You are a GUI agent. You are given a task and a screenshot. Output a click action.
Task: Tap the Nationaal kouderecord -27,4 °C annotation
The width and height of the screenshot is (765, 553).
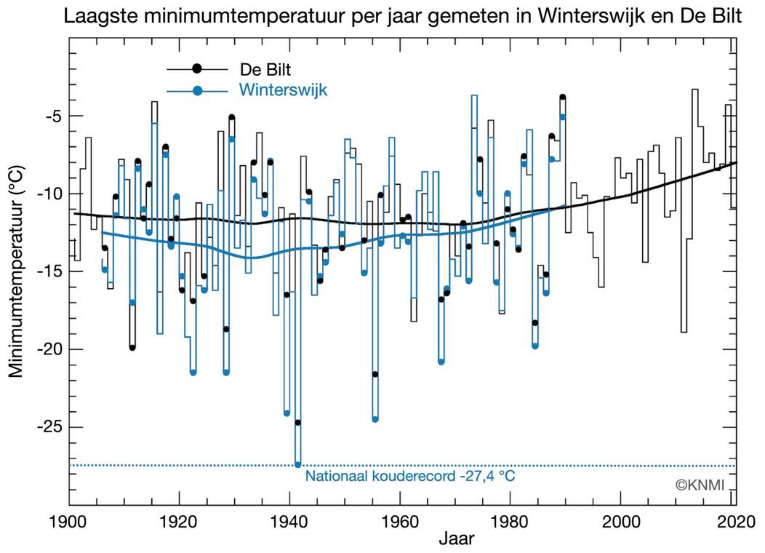tap(410, 477)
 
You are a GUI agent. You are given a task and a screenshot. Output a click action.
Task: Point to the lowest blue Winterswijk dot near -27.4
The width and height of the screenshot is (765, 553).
tap(297, 464)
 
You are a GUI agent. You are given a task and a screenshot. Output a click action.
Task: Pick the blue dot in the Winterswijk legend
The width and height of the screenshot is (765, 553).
tap(196, 91)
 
